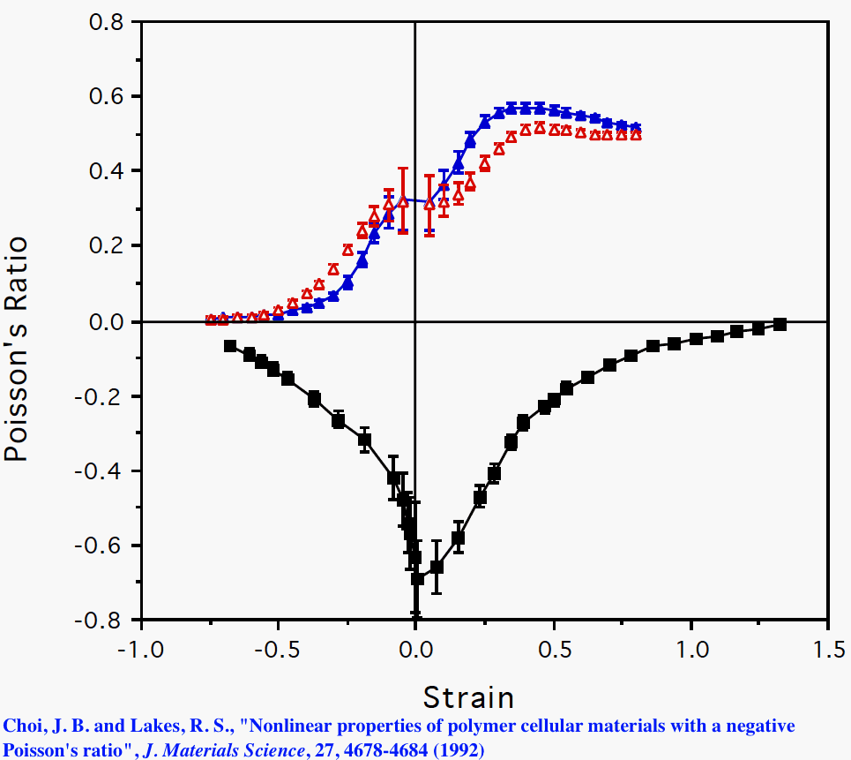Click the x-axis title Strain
click(468, 697)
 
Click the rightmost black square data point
click(780, 324)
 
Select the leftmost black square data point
click(230, 346)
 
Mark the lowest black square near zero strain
click(418, 579)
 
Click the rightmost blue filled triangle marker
click(635, 128)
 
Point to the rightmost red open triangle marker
click(636, 135)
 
